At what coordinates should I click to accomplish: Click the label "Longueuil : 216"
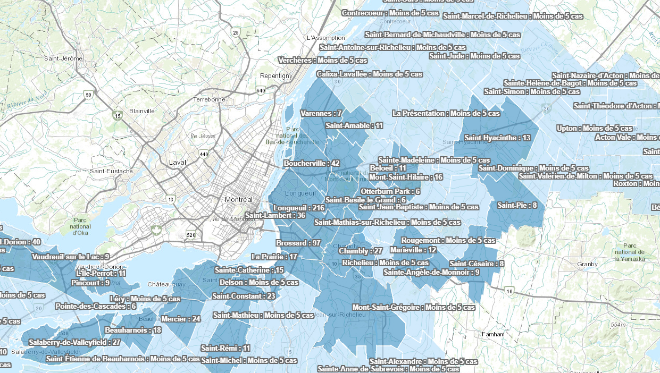(298, 207)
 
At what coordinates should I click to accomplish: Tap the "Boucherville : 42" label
(311, 163)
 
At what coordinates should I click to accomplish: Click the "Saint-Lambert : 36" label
(275, 216)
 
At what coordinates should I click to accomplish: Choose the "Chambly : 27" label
(361, 251)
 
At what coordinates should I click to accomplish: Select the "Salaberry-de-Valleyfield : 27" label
(74, 342)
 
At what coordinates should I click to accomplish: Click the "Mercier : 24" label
(181, 319)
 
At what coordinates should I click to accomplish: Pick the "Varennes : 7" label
(321, 113)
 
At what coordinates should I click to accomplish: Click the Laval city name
(176, 162)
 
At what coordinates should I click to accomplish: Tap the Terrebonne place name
(210, 99)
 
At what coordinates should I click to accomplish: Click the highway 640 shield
(261, 90)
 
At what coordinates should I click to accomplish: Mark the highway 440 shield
(204, 154)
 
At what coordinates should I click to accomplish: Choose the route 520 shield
(191, 235)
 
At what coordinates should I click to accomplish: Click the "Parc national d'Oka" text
(80, 226)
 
